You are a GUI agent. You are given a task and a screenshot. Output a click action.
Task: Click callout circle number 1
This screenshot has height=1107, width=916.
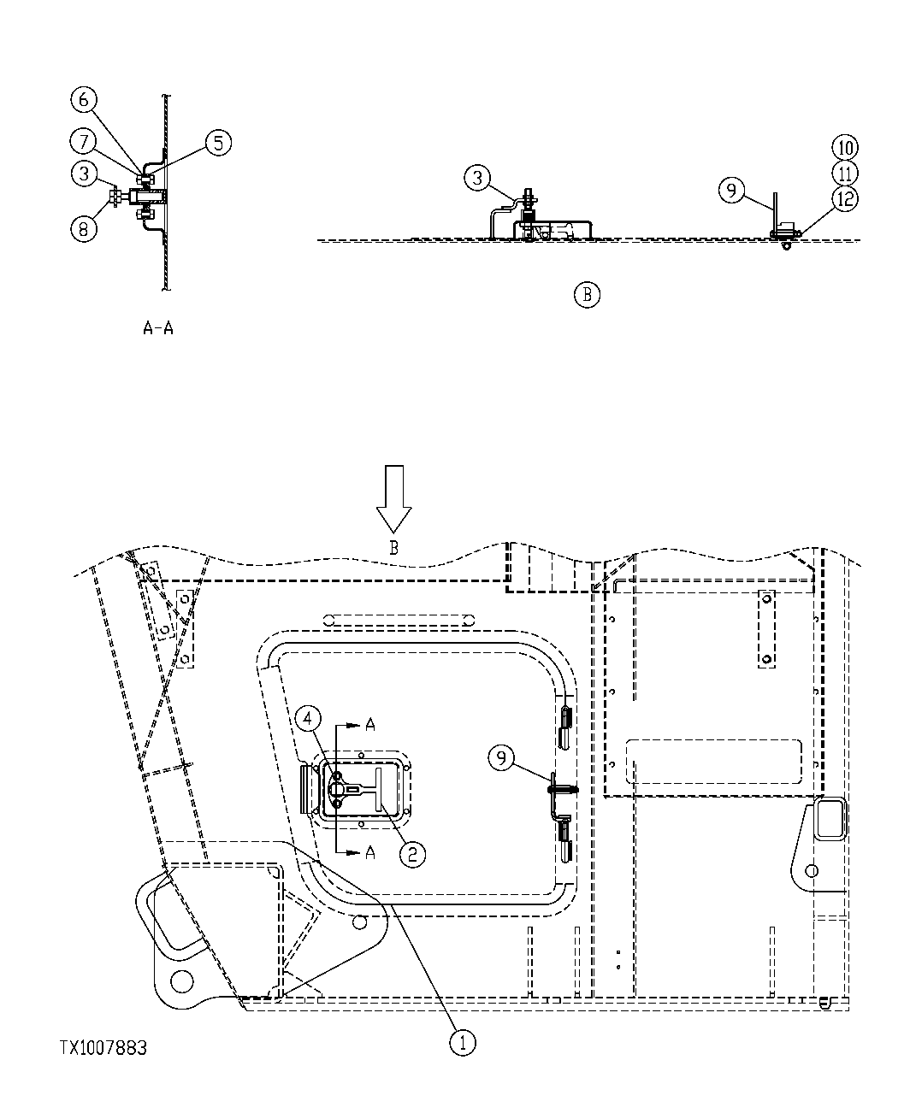coord(463,1043)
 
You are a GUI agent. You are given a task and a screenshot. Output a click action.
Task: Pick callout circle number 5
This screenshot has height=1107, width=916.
coord(218,143)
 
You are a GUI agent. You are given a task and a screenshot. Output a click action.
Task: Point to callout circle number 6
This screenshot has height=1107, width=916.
coord(83,100)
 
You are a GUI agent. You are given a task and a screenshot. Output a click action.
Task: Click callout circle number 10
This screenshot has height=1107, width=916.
coord(845,148)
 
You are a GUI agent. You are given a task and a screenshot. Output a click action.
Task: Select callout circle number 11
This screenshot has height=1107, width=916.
coord(845,174)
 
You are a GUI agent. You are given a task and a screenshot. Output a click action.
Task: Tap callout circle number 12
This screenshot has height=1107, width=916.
coord(845,199)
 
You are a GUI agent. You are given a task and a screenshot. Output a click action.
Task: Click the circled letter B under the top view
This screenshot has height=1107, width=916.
coord(587,296)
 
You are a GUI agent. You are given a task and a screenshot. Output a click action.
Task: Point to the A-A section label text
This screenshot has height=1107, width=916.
coord(158,328)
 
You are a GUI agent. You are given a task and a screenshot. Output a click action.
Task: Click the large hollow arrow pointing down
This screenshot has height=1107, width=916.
coord(394,498)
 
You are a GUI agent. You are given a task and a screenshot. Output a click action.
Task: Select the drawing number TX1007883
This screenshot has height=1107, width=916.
coord(103,1048)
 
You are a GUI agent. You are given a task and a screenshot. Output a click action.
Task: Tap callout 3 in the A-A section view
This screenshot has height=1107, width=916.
coord(83,174)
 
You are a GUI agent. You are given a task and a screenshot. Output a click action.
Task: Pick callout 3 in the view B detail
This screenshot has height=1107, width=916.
coord(478,179)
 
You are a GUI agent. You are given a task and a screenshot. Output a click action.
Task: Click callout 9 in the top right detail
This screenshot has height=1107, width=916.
coord(732,191)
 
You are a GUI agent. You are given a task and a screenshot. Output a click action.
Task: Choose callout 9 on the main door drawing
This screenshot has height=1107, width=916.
coord(502,757)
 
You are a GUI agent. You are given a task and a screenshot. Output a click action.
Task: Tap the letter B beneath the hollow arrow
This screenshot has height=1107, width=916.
coord(393,550)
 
